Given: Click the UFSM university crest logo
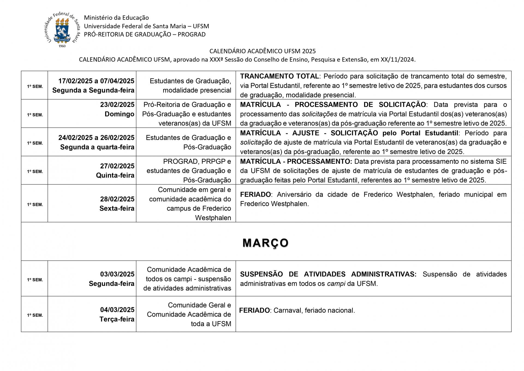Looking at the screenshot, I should click(62, 30).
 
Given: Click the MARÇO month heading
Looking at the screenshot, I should click(266, 243).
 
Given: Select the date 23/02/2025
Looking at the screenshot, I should click(117, 105).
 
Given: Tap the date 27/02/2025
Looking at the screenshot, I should click(117, 166).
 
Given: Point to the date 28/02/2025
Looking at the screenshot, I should click(117, 199).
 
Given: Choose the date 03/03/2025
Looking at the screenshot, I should click(117, 274).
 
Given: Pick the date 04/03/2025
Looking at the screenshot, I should click(117, 310).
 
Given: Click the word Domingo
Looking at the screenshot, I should click(119, 114).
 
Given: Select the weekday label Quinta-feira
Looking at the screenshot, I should click(115, 175).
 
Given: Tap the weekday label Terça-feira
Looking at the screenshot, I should click(117, 319).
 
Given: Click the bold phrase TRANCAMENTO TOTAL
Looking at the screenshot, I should click(279, 76).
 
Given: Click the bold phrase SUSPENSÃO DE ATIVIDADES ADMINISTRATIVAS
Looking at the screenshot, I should click(328, 274).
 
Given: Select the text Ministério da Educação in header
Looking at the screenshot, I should click(116, 18).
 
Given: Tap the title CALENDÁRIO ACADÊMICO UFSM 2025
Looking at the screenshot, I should click(262, 51).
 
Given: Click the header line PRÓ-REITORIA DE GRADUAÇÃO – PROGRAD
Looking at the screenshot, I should click(145, 34).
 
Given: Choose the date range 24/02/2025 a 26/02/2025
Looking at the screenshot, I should click(96, 138).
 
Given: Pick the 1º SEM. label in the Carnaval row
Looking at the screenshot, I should click(35, 315).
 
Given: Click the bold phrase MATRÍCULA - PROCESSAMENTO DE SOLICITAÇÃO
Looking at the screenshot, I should click(333, 105).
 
